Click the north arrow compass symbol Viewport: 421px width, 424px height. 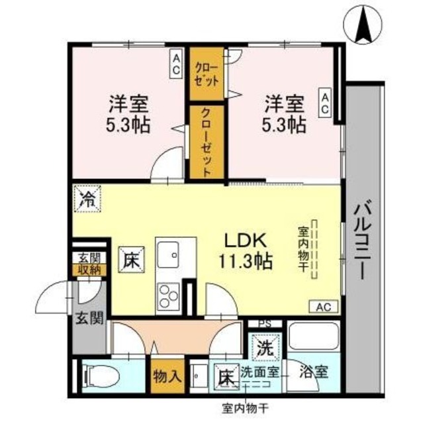click(x=363, y=25)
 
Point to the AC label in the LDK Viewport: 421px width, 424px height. click(x=323, y=307)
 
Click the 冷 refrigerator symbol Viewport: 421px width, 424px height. click(x=87, y=197)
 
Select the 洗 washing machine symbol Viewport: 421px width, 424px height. click(x=265, y=346)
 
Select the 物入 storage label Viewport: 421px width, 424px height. click(x=166, y=377)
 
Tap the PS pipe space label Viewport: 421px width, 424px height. click(x=264, y=325)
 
